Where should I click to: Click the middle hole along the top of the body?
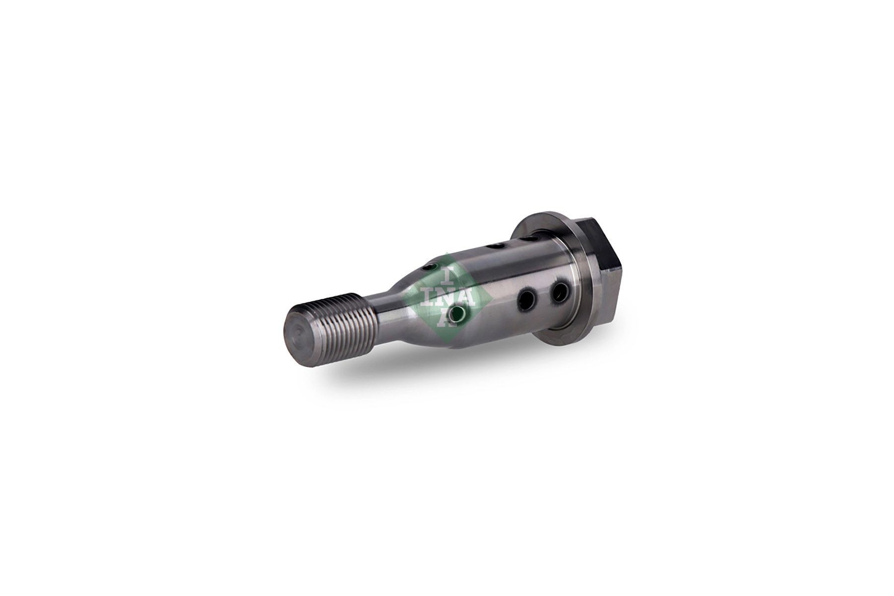(494, 245)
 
